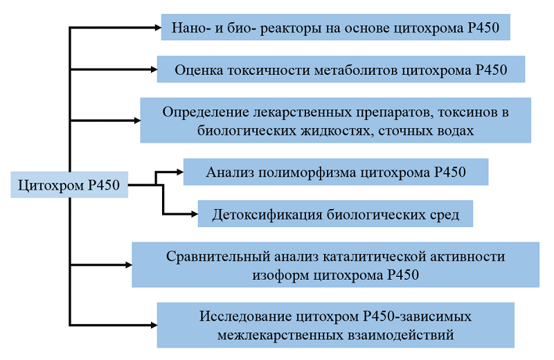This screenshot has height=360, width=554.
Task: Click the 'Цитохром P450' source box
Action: pos(69,185)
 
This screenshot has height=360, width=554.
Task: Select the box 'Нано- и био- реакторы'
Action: pos(335,27)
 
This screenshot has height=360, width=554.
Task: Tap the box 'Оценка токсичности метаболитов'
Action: pos(341,69)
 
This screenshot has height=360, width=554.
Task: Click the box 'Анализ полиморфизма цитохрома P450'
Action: pos(336,172)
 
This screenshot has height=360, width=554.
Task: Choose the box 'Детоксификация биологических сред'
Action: pos(335,214)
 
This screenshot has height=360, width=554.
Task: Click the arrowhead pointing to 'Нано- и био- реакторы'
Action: pos(158,27)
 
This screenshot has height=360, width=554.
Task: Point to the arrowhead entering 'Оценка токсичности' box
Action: pos(154,70)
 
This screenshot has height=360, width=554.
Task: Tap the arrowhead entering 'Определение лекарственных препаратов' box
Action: pos(137,120)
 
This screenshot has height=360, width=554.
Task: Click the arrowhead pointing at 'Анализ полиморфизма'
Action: pos(180,172)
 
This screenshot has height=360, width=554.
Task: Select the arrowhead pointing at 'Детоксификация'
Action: pos(195,214)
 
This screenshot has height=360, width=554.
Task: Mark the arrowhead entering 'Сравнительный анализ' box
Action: pos(129,264)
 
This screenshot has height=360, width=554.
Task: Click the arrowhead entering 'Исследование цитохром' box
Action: pos(154,325)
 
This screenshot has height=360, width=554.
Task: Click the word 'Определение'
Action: pos(206,112)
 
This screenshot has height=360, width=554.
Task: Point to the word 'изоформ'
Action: pos(280,276)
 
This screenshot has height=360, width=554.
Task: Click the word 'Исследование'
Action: pos(245,316)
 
